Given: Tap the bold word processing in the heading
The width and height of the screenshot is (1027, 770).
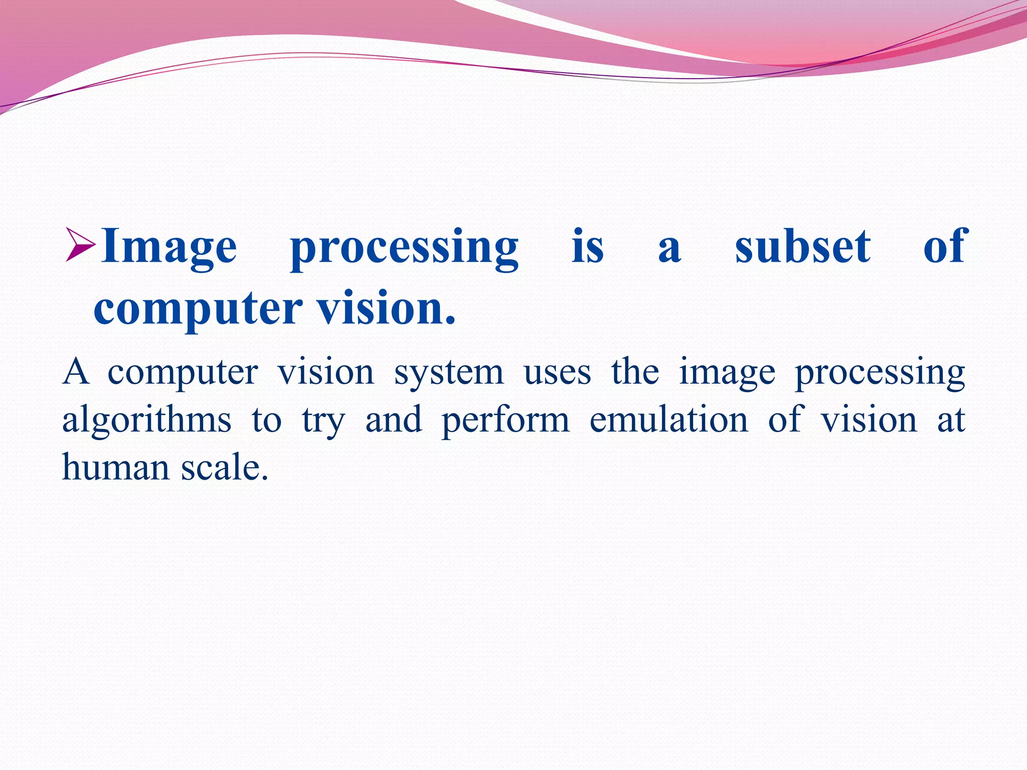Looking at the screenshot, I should coord(405,248).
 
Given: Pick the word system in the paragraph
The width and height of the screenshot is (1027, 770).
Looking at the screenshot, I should coord(449,373).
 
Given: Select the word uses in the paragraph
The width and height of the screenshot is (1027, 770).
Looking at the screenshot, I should coord(557,373).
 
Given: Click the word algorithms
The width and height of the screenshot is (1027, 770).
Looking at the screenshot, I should coord(146,420).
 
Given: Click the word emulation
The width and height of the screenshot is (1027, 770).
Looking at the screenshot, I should coord(668,420).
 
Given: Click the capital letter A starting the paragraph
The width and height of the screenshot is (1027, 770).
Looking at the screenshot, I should coord(76,372).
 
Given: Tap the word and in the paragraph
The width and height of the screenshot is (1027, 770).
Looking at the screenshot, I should coord(394,420).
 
